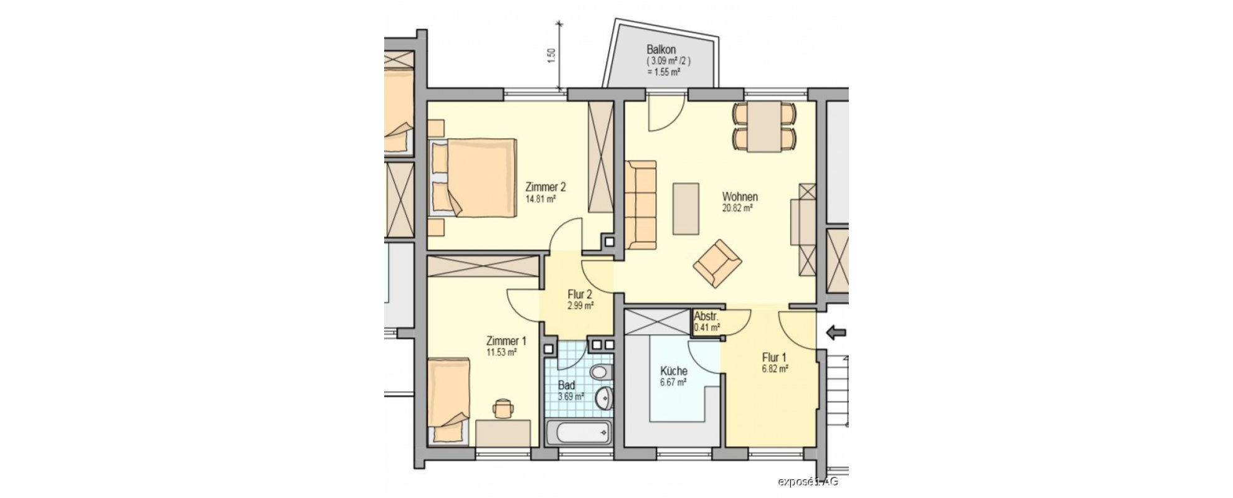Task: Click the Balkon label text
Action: [661, 50]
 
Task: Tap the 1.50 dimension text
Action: [550, 56]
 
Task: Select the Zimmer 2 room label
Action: [546, 187]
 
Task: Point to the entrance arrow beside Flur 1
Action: [836, 334]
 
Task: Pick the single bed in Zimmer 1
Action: [448, 400]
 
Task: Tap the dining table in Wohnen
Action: [765, 126]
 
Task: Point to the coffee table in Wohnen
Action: [685, 209]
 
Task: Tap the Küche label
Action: [673, 371]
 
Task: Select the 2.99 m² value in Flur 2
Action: [580, 306]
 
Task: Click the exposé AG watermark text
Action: [808, 481]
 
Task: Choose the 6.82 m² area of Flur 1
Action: [775, 369]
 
